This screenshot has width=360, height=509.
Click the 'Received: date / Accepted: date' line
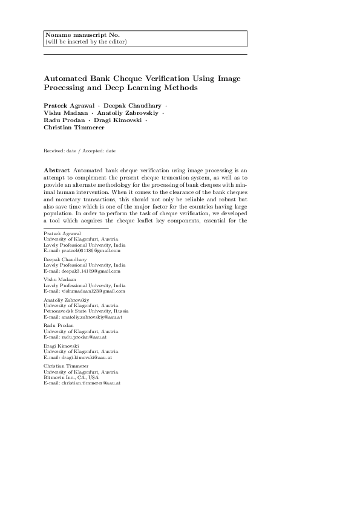[x=80, y=150]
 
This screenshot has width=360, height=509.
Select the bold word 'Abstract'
[x=56, y=171]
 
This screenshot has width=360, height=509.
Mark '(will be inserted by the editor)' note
[x=86, y=42]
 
